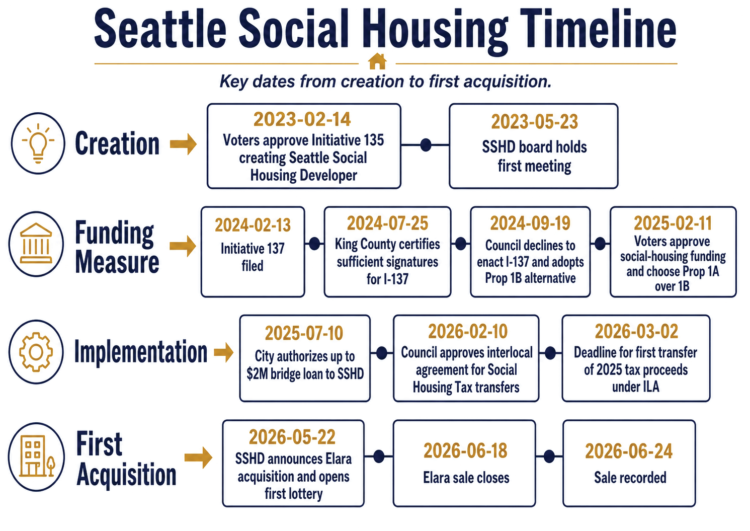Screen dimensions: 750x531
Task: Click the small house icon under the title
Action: pyautogui.click(x=377, y=61)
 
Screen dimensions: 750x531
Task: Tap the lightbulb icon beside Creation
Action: pyautogui.click(x=38, y=143)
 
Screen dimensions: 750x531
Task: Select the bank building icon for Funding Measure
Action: pyautogui.click(x=36, y=244)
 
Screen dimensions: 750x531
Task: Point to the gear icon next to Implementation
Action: pyautogui.click(x=36, y=352)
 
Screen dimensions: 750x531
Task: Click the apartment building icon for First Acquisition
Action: pyautogui.click(x=37, y=456)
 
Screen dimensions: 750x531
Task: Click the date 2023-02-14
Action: pyautogui.click(x=302, y=119)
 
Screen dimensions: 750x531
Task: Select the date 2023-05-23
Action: pyautogui.click(x=534, y=122)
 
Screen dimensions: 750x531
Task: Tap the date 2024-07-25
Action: pyautogui.click(x=387, y=223)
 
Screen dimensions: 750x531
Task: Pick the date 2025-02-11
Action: pyautogui.click(x=673, y=223)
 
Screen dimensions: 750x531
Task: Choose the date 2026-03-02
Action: pyautogui.click(x=636, y=331)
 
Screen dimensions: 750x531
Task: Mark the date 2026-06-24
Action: pyautogui.click(x=629, y=451)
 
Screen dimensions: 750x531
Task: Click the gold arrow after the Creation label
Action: pyautogui.click(x=183, y=144)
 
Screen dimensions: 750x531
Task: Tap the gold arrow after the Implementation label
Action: pyautogui.click(x=224, y=352)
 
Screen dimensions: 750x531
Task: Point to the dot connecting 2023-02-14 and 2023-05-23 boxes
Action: pyautogui.click(x=426, y=145)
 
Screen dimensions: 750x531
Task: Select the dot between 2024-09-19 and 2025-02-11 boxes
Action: pyautogui.click(x=600, y=244)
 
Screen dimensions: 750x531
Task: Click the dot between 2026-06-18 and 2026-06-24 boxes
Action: pyautogui.click(x=549, y=457)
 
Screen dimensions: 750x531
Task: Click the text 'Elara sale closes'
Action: pyautogui.click(x=466, y=478)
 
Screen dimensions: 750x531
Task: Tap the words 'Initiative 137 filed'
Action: pyautogui.click(x=253, y=257)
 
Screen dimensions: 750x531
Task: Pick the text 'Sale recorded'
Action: pyautogui.click(x=630, y=478)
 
